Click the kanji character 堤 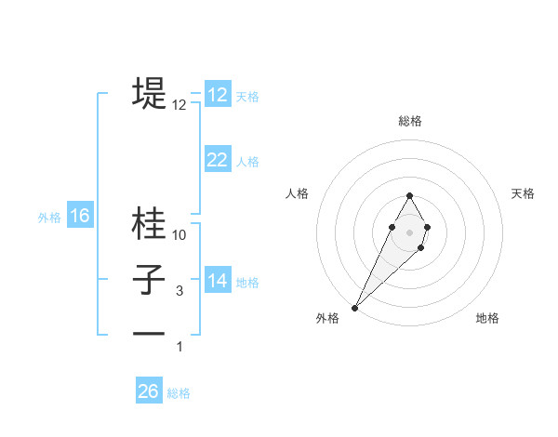[149, 92]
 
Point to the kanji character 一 [149, 333]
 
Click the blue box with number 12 [218, 95]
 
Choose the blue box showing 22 [218, 160]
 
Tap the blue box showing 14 [218, 281]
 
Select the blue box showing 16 [80, 217]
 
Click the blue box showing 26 [149, 391]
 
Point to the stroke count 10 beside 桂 [179, 235]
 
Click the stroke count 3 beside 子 [179, 291]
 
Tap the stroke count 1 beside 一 [179, 347]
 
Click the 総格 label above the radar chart [409, 121]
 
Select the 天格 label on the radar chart [524, 193]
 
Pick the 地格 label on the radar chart [487, 318]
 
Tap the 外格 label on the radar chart [327, 318]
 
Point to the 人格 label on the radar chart [297, 193]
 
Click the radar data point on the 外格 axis [354, 307]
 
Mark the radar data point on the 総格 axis [409, 195]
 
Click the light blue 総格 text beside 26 [179, 393]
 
